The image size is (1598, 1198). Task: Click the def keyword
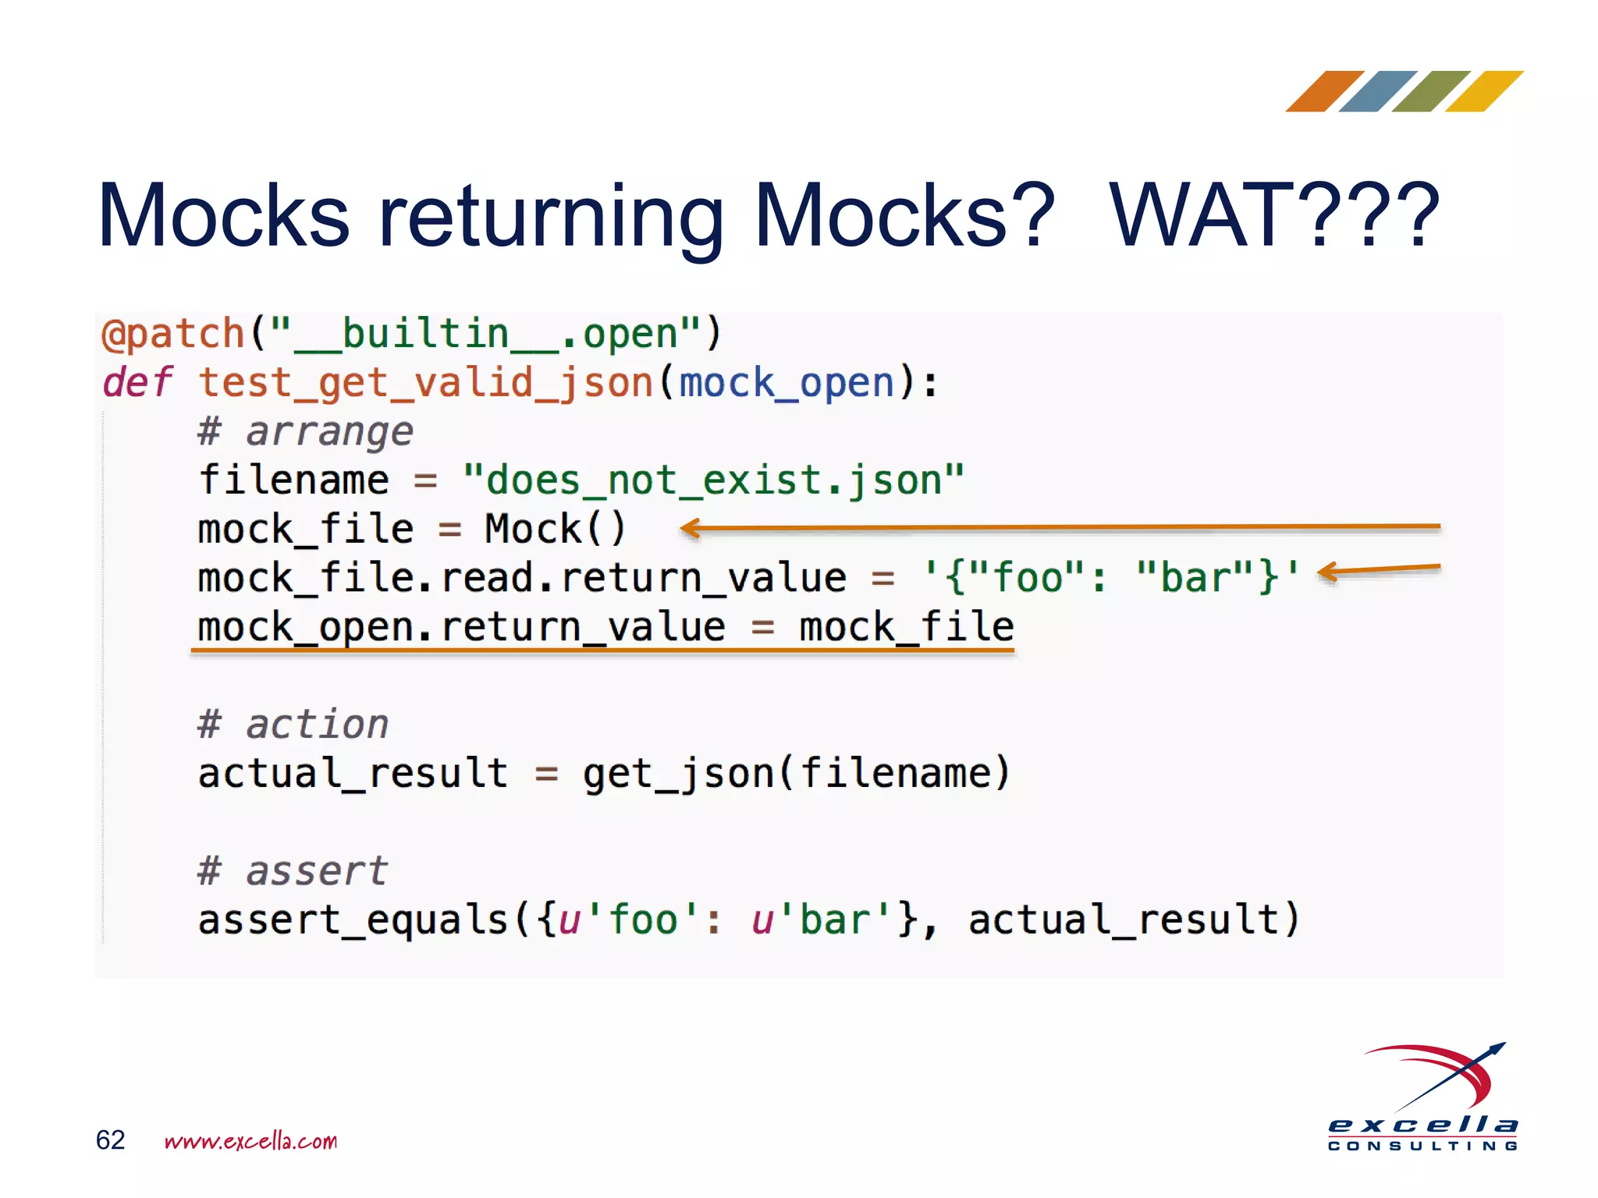pos(137,382)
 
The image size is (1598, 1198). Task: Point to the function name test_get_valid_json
pos(425,384)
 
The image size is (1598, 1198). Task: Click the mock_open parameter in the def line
pos(787,384)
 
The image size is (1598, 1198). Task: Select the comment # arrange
pos(305,431)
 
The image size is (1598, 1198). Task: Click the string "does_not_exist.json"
pos(713,480)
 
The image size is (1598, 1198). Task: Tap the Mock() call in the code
pos(555,529)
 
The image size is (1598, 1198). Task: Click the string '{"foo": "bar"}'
pos(1112,578)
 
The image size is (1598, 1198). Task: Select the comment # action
pos(293,724)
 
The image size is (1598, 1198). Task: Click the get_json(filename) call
pos(796,773)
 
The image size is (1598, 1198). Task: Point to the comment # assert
pos(293,870)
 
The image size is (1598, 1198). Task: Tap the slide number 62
pos(110,1140)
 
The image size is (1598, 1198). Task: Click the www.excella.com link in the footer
pos(250,1141)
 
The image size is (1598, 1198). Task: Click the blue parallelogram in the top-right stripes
pos(1378,91)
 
